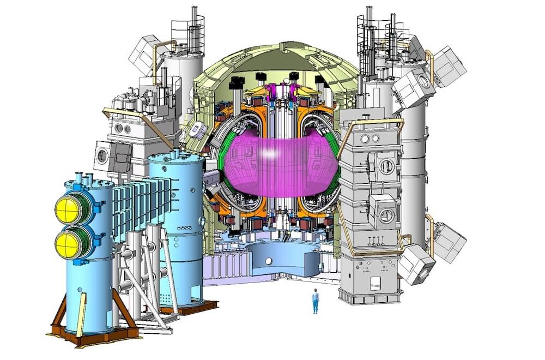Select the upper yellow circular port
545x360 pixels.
pyautogui.click(x=68, y=207)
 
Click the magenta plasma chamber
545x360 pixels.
pyautogui.click(x=272, y=164)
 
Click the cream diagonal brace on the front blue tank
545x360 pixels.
pyautogui.click(x=81, y=314)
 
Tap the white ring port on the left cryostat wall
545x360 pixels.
pyautogui.click(x=195, y=129)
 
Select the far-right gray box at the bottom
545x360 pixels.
pyautogui.click(x=450, y=242)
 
